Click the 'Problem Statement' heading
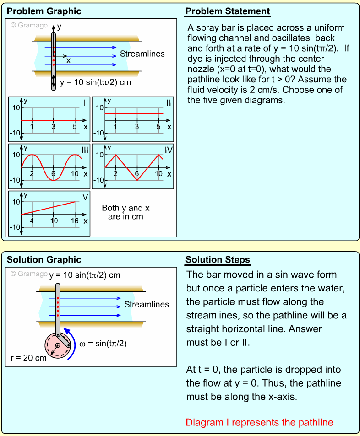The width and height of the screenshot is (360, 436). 227,11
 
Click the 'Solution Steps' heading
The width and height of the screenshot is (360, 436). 218,260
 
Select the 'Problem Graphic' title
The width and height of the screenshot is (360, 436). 44,11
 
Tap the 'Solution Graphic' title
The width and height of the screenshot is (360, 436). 44,260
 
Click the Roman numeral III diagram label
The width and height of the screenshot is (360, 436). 84,150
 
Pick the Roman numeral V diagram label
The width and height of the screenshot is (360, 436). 85,197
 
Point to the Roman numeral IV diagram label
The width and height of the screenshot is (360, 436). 168,150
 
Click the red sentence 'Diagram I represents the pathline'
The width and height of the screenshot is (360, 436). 259,422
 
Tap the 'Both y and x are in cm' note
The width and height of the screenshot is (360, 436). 125,212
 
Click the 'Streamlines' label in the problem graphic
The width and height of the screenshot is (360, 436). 142,54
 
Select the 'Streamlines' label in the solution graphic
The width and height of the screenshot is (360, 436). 147,304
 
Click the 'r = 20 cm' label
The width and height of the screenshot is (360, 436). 28,358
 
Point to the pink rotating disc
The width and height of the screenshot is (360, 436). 57,345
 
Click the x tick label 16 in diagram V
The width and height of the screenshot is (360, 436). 75,221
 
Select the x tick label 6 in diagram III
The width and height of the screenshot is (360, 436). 54,174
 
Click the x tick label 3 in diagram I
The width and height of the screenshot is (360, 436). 54,127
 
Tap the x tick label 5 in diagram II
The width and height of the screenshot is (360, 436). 158,127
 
